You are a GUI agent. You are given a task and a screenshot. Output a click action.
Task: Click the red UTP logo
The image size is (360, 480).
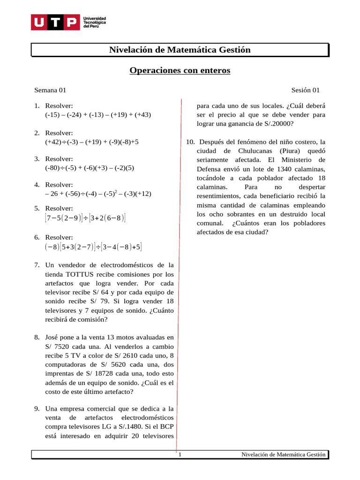[55, 22]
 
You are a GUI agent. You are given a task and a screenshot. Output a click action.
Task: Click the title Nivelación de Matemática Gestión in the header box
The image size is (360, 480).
[180, 50]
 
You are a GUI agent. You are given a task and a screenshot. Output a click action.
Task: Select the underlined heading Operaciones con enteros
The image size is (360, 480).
[180, 71]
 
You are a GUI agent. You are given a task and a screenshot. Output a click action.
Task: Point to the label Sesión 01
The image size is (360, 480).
[305, 90]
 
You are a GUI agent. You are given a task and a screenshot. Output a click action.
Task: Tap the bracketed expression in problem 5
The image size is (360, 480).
[85, 217]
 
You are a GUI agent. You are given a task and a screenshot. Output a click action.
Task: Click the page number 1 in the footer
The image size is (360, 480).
[180, 455]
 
